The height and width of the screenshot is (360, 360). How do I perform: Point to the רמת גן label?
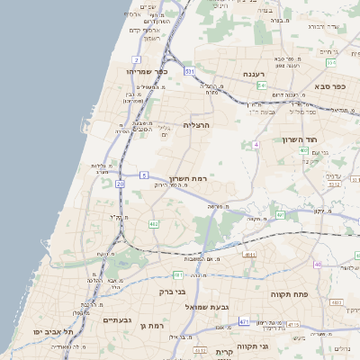click(156, 323)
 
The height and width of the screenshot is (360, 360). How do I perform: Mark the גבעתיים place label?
click(118, 320)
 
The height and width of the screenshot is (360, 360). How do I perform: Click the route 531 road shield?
click(189, 70)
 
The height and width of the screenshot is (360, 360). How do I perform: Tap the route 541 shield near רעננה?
click(261, 85)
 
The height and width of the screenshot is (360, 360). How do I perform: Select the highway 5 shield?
click(144, 175)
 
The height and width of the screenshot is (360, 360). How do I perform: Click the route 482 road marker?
click(154, 223)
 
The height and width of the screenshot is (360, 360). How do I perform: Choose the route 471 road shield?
click(245, 320)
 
